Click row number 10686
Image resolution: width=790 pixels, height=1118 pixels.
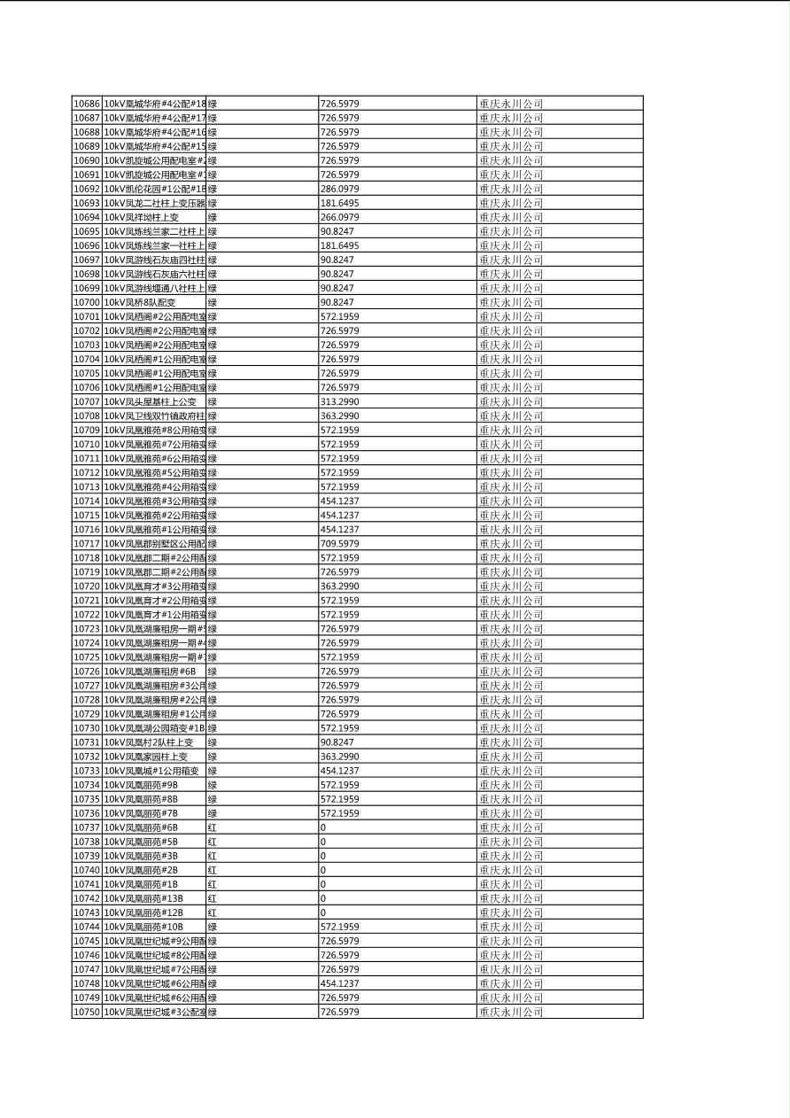click(86, 104)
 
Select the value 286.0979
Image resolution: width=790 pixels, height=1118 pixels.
click(339, 189)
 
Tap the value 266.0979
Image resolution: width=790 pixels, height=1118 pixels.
click(339, 217)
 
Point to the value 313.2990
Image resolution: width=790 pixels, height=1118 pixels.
click(339, 401)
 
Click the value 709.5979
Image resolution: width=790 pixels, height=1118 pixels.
click(339, 543)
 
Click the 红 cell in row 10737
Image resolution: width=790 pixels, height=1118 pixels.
click(213, 827)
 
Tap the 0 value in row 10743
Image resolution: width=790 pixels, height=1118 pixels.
click(323, 912)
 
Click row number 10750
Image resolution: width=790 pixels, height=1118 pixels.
click(86, 1012)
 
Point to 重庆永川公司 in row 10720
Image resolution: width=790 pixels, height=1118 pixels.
click(511, 586)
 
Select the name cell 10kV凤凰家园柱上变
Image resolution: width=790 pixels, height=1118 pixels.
click(146, 757)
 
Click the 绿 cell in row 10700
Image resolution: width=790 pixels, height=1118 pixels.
click(213, 302)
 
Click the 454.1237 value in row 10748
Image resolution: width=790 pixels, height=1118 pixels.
click(339, 983)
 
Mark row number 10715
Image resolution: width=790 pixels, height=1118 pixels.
click(86, 515)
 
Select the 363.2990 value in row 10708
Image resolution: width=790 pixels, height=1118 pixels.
click(339, 415)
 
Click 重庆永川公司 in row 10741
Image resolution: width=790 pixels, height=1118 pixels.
click(511, 884)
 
